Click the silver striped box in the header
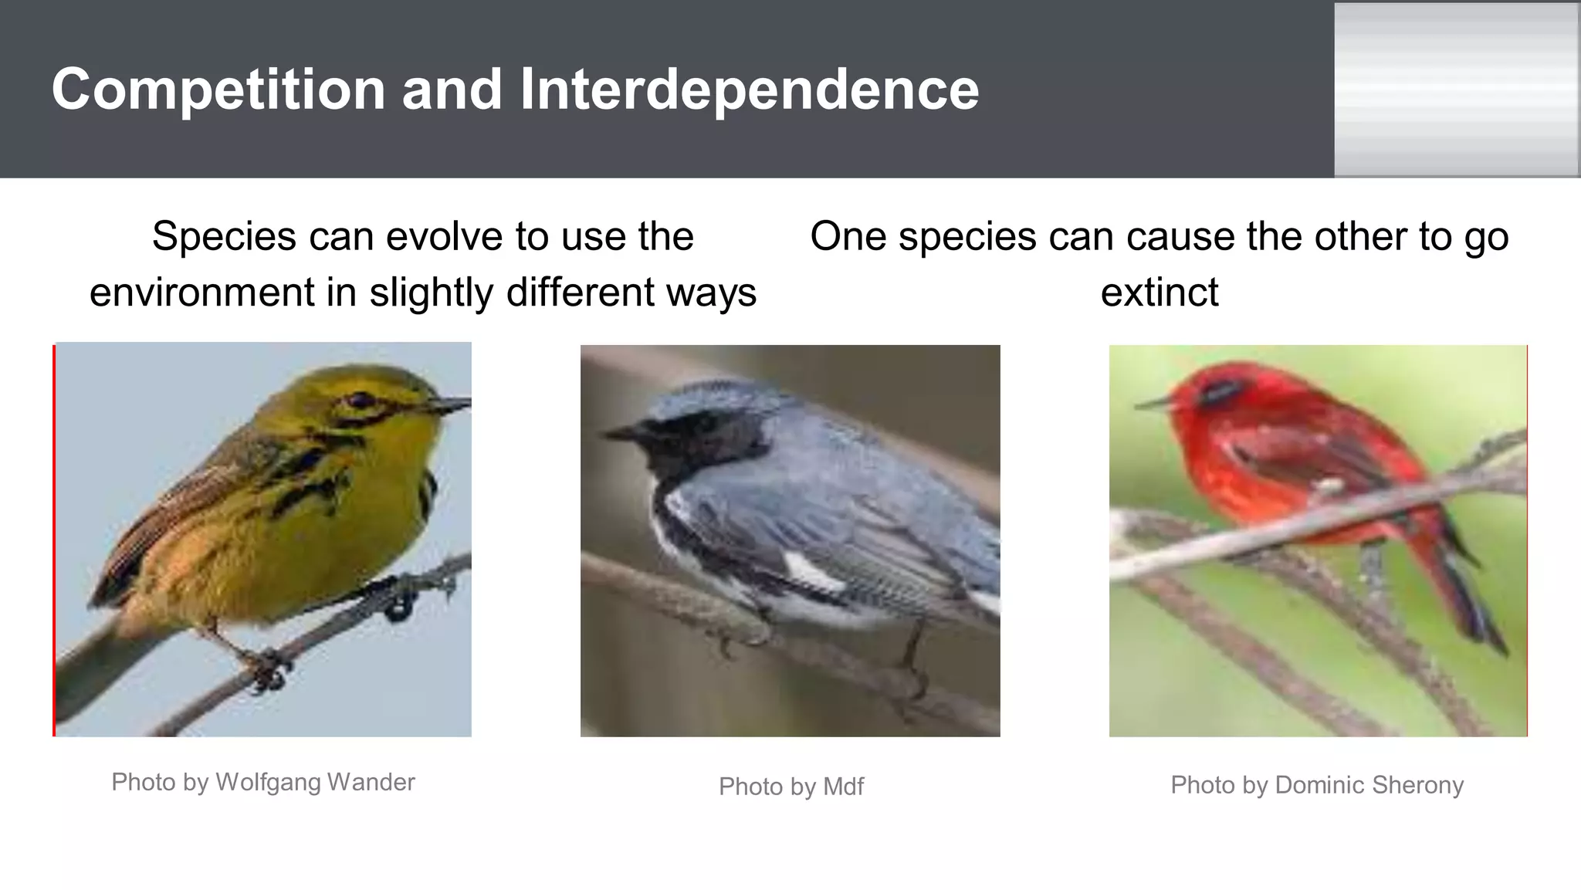1456,89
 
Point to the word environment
203,293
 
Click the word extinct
1159,293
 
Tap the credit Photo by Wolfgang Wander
263,782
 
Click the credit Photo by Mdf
790,787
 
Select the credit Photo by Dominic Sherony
1316,785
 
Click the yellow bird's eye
359,400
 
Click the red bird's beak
1153,403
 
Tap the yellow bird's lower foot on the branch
266,670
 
